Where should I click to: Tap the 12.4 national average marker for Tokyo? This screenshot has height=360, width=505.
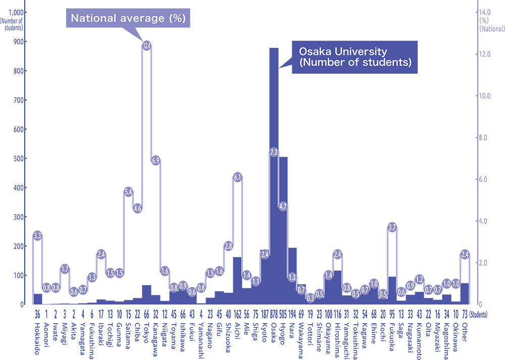click(146, 46)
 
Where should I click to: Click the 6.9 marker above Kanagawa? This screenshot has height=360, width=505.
click(156, 161)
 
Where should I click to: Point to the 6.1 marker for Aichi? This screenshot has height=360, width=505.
click(237, 177)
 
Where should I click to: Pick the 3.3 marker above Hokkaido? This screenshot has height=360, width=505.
click(37, 235)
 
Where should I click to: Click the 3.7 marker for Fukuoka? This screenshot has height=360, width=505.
click(392, 227)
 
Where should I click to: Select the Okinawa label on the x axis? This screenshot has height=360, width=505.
click(456, 337)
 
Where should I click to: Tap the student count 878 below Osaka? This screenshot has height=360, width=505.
click(274, 314)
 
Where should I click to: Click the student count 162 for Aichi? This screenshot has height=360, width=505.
click(237, 314)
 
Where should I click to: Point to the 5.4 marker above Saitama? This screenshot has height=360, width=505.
click(128, 192)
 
